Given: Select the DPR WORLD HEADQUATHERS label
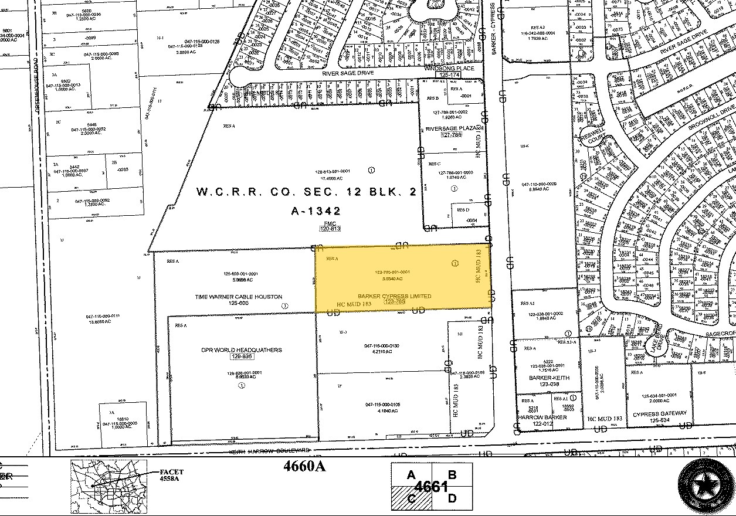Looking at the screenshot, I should coord(242,350).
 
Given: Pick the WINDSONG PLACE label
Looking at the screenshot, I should coord(449,69).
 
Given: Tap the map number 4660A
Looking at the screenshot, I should coord(303,467).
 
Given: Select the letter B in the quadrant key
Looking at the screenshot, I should coord(452,475).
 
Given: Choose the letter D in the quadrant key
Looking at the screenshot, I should coord(452,498).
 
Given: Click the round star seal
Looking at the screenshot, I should coord(706,484).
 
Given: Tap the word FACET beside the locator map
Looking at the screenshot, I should coord(171,472).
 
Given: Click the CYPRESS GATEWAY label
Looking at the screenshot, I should coord(659,413).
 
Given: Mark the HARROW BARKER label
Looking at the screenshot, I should coord(542,417).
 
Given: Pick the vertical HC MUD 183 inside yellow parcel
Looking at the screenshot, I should coord(479,267).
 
